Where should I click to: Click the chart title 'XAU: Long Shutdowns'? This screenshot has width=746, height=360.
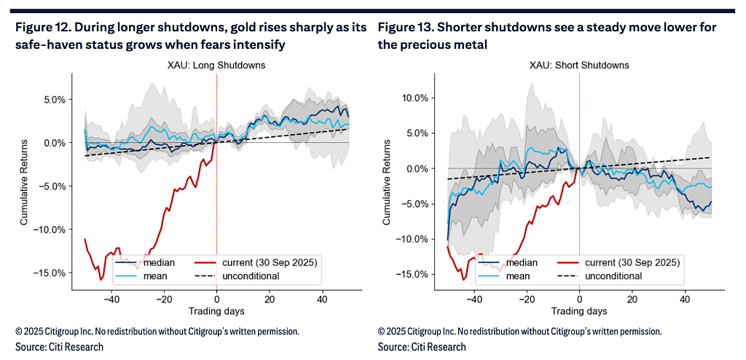pos(216,66)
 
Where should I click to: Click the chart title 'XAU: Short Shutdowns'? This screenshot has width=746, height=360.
pos(579,66)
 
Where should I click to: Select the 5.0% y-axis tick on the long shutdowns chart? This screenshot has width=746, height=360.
pos(55,100)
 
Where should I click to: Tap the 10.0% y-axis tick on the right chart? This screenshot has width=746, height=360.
pos(415,98)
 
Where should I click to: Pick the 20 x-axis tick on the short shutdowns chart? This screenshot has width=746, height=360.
pos(632,300)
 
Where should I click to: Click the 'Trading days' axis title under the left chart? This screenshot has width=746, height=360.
pos(216,311)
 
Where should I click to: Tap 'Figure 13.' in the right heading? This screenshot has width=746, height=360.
pos(401,27)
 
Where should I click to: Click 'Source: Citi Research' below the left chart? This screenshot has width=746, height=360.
pos(52,346)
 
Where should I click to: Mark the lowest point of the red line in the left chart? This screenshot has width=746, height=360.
pos(101,280)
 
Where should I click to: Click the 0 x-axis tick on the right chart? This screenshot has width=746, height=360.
pos(579,300)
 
